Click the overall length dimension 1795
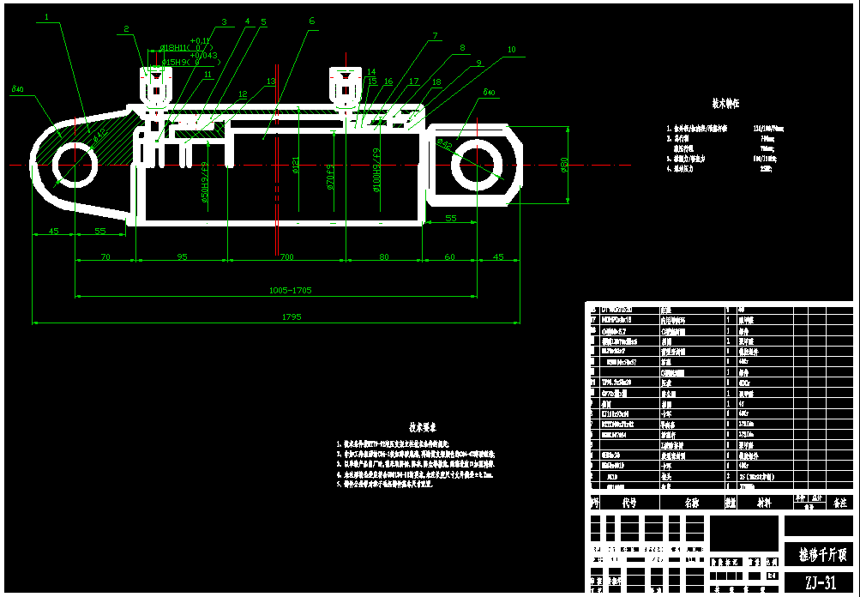(291, 317)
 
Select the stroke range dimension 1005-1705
(291, 290)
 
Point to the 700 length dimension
(286, 256)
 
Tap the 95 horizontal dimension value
(182, 256)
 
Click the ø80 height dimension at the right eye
(564, 163)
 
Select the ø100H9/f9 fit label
(376, 167)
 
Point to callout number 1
(46, 15)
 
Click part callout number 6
(311, 21)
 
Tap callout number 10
(512, 50)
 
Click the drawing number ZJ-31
(819, 583)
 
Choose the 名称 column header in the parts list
(690, 504)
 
